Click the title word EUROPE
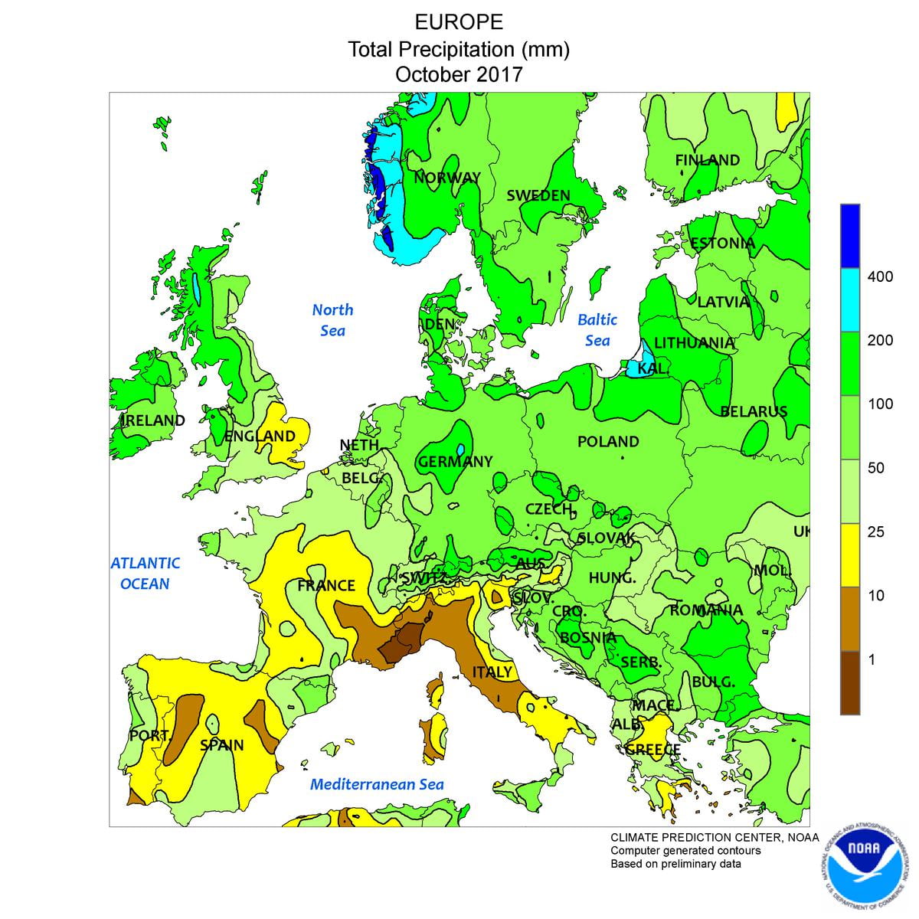tap(459, 21)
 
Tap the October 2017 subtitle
tap(459, 75)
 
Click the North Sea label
tap(332, 319)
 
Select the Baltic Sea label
tap(597, 329)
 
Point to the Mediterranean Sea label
tap(377, 784)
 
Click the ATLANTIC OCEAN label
tap(146, 573)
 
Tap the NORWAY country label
tap(447, 178)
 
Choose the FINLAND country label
tap(707, 160)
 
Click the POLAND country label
tap(608, 442)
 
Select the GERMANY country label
tap(455, 462)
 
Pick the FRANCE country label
tap(326, 586)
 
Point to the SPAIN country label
tap(222, 744)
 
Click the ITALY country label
tap(492, 672)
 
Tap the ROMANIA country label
tap(706, 610)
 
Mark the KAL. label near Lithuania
tap(652, 369)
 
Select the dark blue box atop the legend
tap(850, 235)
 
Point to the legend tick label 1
tap(871, 659)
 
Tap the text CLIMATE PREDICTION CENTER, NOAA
tap(714, 837)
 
